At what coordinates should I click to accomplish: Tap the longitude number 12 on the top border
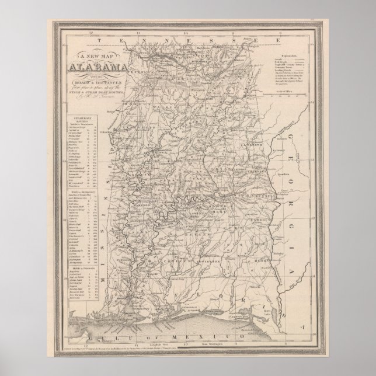[x=85, y=33]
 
